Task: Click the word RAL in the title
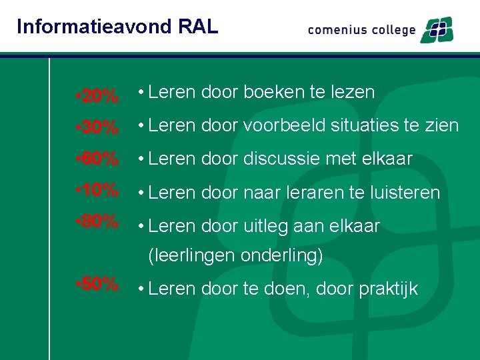pos(199,27)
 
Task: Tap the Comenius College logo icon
pos(437,30)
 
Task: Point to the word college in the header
pos(391,31)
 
